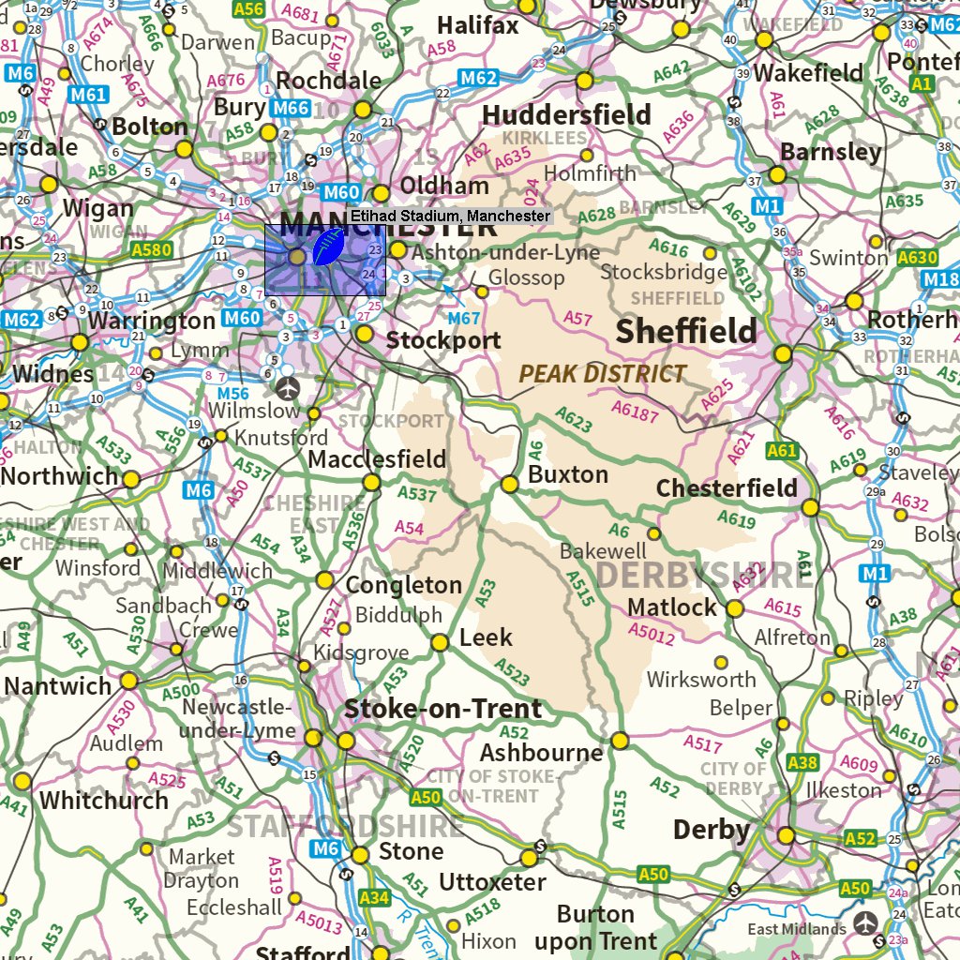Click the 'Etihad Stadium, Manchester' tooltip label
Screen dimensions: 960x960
450,217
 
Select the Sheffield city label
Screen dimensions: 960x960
686,331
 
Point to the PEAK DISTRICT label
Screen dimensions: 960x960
603,374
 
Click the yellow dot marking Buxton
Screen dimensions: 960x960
510,485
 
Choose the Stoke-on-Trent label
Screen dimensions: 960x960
442,709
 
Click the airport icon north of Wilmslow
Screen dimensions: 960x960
289,386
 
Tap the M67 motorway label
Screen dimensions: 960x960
464,319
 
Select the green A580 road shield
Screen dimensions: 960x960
152,250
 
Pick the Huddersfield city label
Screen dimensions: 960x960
566,115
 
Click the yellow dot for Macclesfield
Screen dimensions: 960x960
372,482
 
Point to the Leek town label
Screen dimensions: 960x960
486,638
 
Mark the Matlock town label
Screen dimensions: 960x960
672,607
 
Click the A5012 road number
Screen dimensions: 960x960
652,635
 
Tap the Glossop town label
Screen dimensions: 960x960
526,278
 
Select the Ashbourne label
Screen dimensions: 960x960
541,753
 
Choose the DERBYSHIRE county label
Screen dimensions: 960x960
703,575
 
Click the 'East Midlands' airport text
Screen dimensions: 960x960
796,929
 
